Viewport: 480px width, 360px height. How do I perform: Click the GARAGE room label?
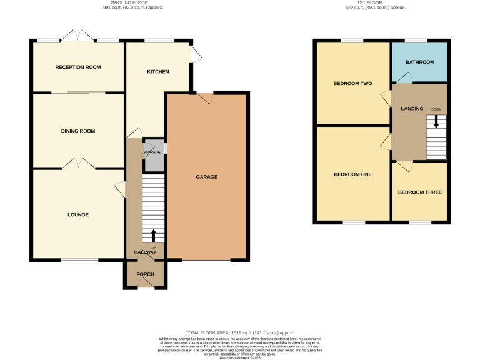pyautogui.click(x=207, y=177)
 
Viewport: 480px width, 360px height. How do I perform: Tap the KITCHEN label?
pyautogui.click(x=157, y=72)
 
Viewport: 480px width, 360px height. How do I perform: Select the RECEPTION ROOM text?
pyautogui.click(x=78, y=67)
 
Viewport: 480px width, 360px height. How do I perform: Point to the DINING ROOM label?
pyautogui.click(x=78, y=131)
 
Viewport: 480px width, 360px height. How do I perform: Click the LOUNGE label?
pyautogui.click(x=78, y=214)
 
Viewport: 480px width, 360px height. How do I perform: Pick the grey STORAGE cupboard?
pyautogui.click(x=153, y=156)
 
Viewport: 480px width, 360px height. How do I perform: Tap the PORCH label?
pyautogui.click(x=145, y=274)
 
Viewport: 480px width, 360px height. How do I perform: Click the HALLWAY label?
pyautogui.click(x=145, y=252)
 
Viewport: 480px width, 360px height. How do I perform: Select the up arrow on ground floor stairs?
pyautogui.click(x=154, y=236)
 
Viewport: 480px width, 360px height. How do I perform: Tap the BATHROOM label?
pyautogui.click(x=419, y=62)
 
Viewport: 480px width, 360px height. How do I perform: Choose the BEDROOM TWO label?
pyautogui.click(x=352, y=82)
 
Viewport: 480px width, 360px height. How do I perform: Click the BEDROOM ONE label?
pyautogui.click(x=352, y=174)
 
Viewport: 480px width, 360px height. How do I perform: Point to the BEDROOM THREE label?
pyautogui.click(x=419, y=192)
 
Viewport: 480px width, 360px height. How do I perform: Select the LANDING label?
pyautogui.click(x=412, y=109)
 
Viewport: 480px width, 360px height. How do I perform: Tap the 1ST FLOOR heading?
pyautogui.click(x=375, y=3)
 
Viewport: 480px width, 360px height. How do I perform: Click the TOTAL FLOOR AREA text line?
pyautogui.click(x=240, y=332)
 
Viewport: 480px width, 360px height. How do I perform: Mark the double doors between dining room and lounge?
pyautogui.click(x=78, y=164)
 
